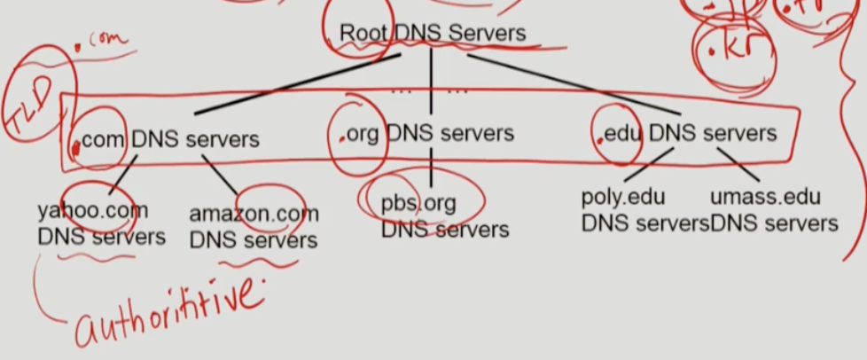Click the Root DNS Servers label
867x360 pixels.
[433, 34]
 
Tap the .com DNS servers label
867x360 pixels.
[169, 140]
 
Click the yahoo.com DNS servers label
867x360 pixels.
[101, 224]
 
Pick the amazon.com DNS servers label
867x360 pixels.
[254, 227]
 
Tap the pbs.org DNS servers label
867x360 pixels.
[444, 216]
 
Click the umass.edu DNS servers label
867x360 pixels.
[774, 210]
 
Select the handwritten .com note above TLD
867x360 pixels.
[106, 40]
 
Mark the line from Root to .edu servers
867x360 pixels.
[572, 85]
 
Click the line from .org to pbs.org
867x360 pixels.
[432, 167]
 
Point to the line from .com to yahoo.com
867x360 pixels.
[122, 175]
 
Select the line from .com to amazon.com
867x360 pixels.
[221, 175]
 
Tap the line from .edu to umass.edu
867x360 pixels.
[738, 165]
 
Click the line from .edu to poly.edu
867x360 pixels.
[652, 164]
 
